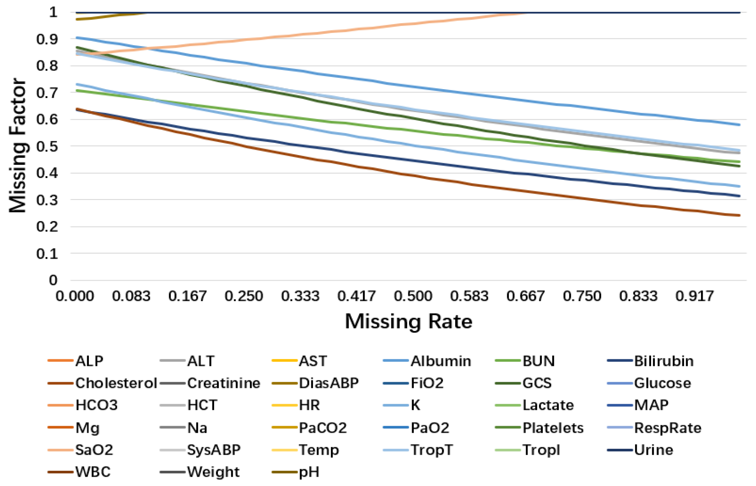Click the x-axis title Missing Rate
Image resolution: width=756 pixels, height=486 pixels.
[408, 321]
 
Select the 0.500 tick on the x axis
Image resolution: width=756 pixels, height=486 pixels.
[413, 296]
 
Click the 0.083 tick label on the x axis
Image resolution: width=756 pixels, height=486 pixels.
[131, 296]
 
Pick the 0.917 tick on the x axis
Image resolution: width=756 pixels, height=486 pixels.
[695, 296]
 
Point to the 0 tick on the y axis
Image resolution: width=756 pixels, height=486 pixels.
[53, 280]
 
